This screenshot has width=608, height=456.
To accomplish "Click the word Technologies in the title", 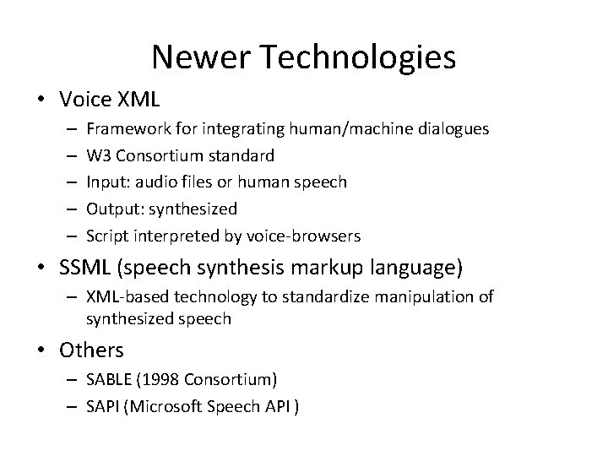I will pos(363,57).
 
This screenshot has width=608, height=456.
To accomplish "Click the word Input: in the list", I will pos(106,182).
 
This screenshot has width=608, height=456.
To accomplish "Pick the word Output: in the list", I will pos(112,208).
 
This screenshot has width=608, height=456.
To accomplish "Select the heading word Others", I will pos(92,349).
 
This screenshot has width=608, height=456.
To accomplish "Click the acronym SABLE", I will pos(107,378).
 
